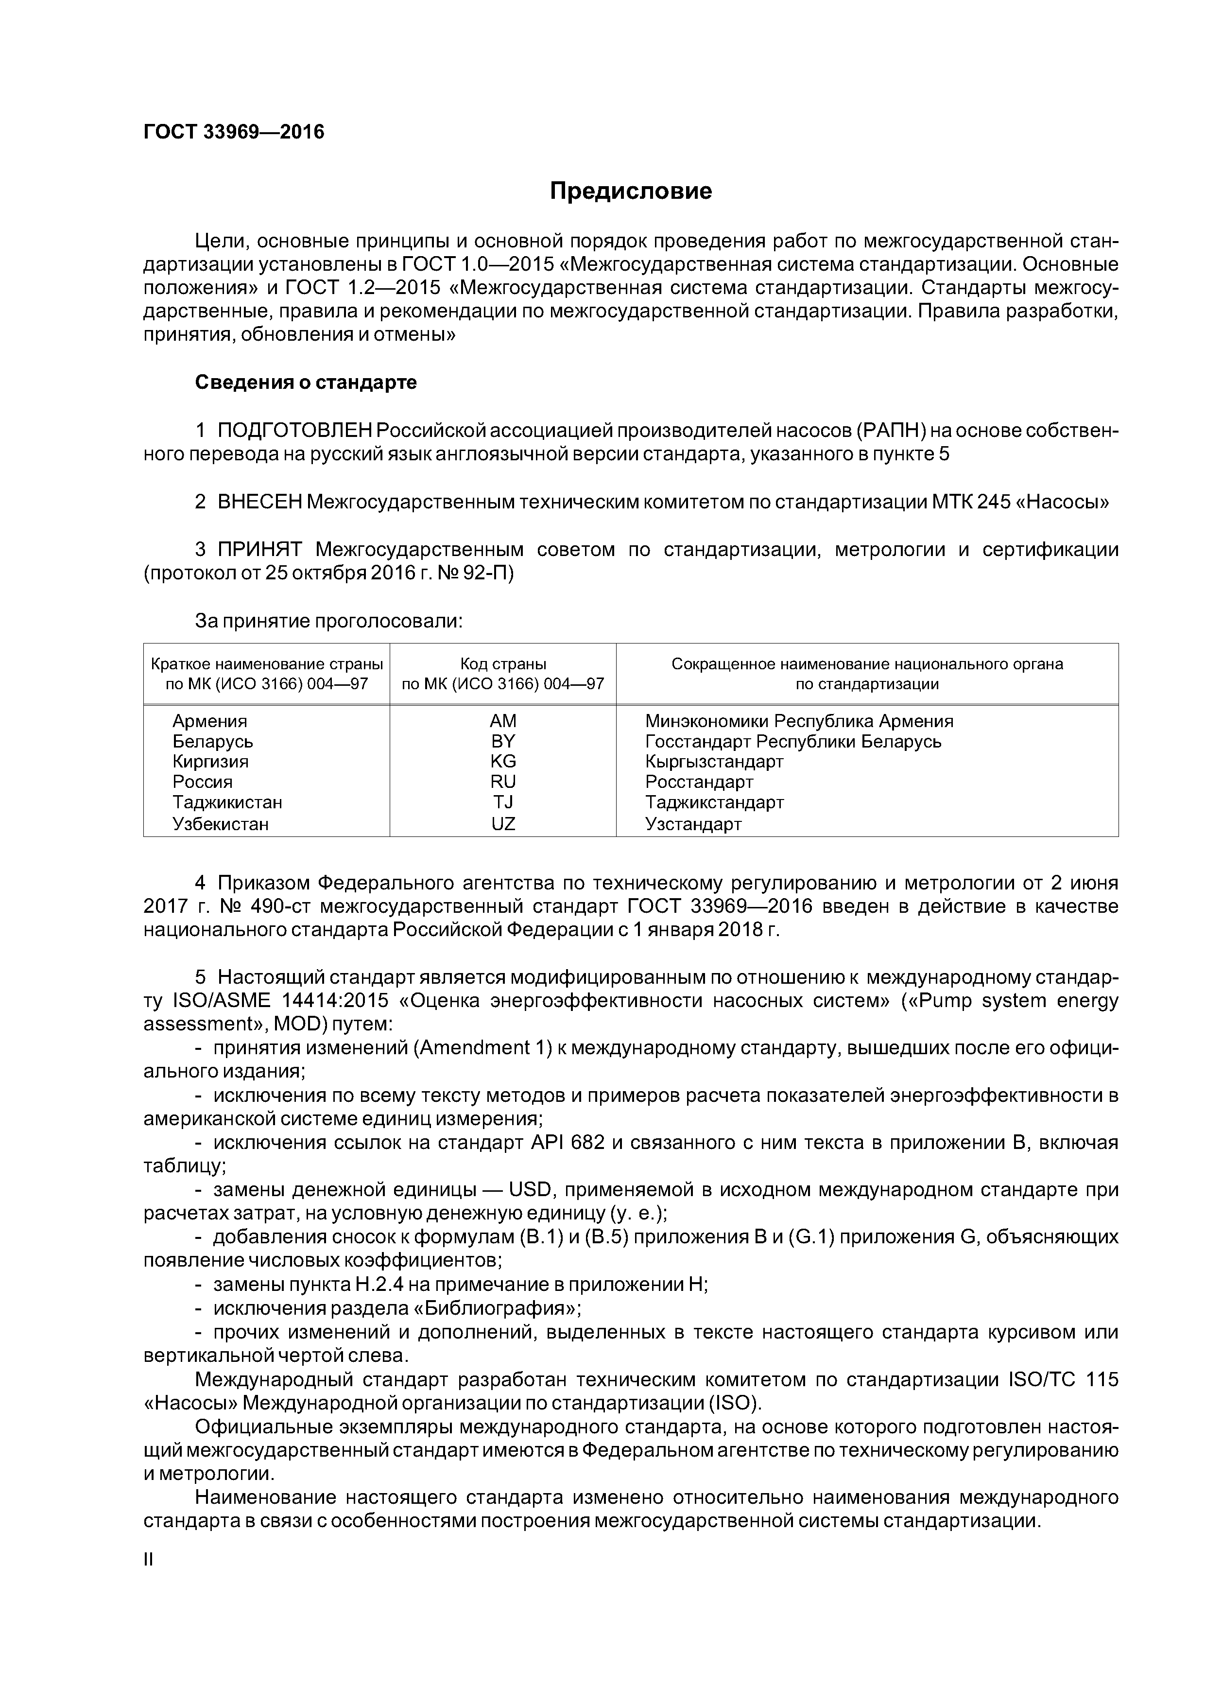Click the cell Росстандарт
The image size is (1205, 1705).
pyautogui.click(x=699, y=782)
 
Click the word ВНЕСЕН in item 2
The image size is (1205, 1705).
pyautogui.click(x=259, y=502)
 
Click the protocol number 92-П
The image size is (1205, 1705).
pyautogui.click(x=486, y=574)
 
